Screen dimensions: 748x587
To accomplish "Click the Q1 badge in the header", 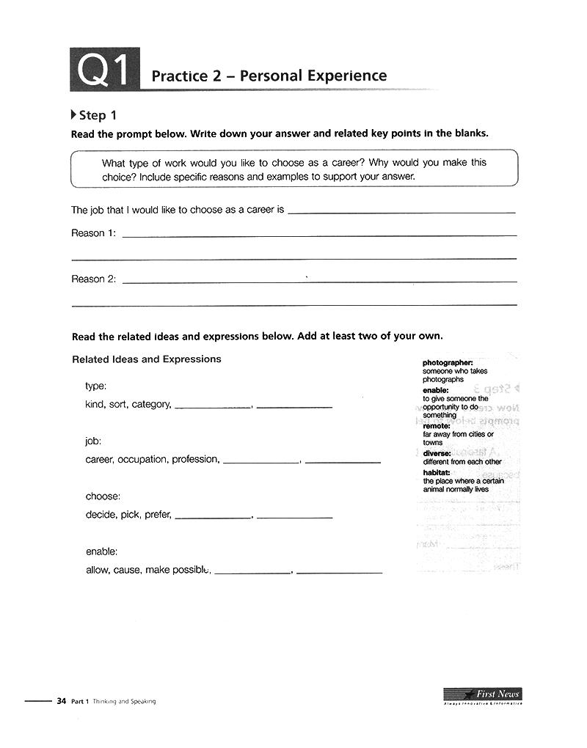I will click(104, 71).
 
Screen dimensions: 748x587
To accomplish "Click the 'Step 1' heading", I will click(98, 115).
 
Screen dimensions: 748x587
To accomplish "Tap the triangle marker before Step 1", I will click(73, 115).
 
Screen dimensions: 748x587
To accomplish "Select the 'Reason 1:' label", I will click(93, 233).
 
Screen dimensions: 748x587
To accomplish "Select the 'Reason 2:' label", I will click(93, 279).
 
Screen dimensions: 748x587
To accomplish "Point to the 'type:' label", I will click(96, 386).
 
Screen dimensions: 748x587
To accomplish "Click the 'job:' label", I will click(93, 441).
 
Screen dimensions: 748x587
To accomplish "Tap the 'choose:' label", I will click(103, 496).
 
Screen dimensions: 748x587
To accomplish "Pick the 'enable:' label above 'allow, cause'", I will click(101, 551).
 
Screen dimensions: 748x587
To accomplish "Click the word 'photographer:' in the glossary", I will click(448, 363).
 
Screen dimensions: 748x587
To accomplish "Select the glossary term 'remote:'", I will click(437, 426).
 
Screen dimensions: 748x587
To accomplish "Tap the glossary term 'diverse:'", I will click(437, 454).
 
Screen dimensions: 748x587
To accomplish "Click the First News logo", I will click(482, 695).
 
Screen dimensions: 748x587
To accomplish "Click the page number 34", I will click(62, 701).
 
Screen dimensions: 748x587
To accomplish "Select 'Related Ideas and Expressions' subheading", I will click(147, 359).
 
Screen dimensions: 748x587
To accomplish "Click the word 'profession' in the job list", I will click(195, 460).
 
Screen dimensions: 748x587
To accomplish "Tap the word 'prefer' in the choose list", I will click(158, 515).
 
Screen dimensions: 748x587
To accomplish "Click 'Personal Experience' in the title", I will click(313, 76).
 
